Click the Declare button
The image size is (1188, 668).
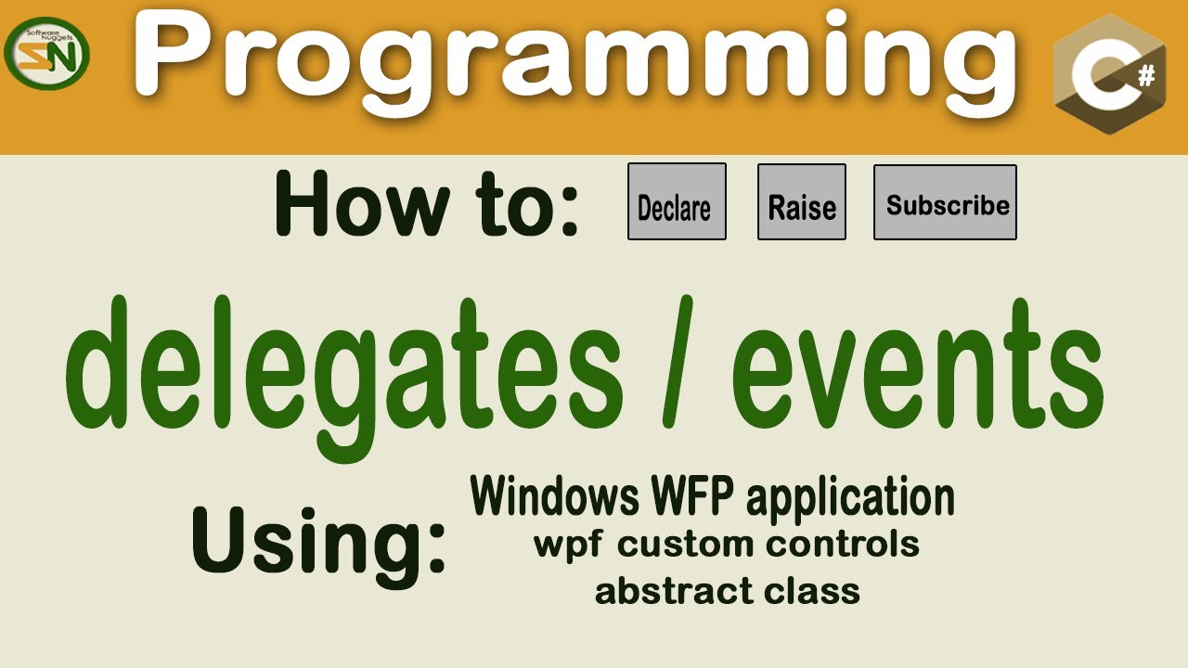tap(677, 201)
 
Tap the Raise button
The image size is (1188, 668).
tap(801, 201)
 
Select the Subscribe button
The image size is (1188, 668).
tap(945, 201)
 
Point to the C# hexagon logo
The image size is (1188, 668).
tap(1110, 74)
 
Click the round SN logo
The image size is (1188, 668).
tap(46, 54)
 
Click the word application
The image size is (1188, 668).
tap(850, 499)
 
